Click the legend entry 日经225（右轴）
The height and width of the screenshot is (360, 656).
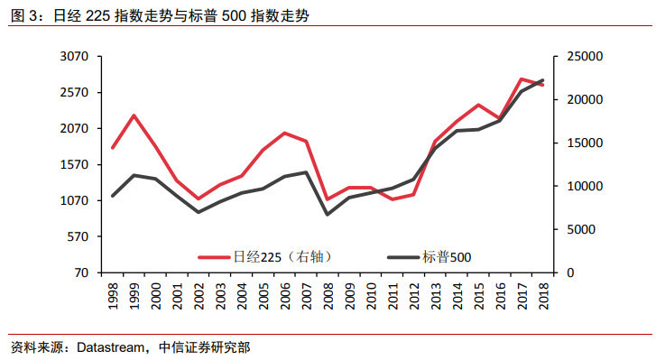pos(272,257)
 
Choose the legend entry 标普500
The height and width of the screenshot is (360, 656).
pos(447,257)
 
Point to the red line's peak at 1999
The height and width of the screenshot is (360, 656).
pos(134,115)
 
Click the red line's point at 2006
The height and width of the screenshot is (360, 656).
pos(284,134)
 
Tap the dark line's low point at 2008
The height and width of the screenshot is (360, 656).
pos(328,214)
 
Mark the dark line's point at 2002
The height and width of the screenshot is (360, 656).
pos(199,212)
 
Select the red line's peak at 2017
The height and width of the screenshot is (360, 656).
pos(522,79)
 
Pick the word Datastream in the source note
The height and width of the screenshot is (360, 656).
pos(109,347)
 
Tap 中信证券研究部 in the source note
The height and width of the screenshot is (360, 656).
pos(205,347)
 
